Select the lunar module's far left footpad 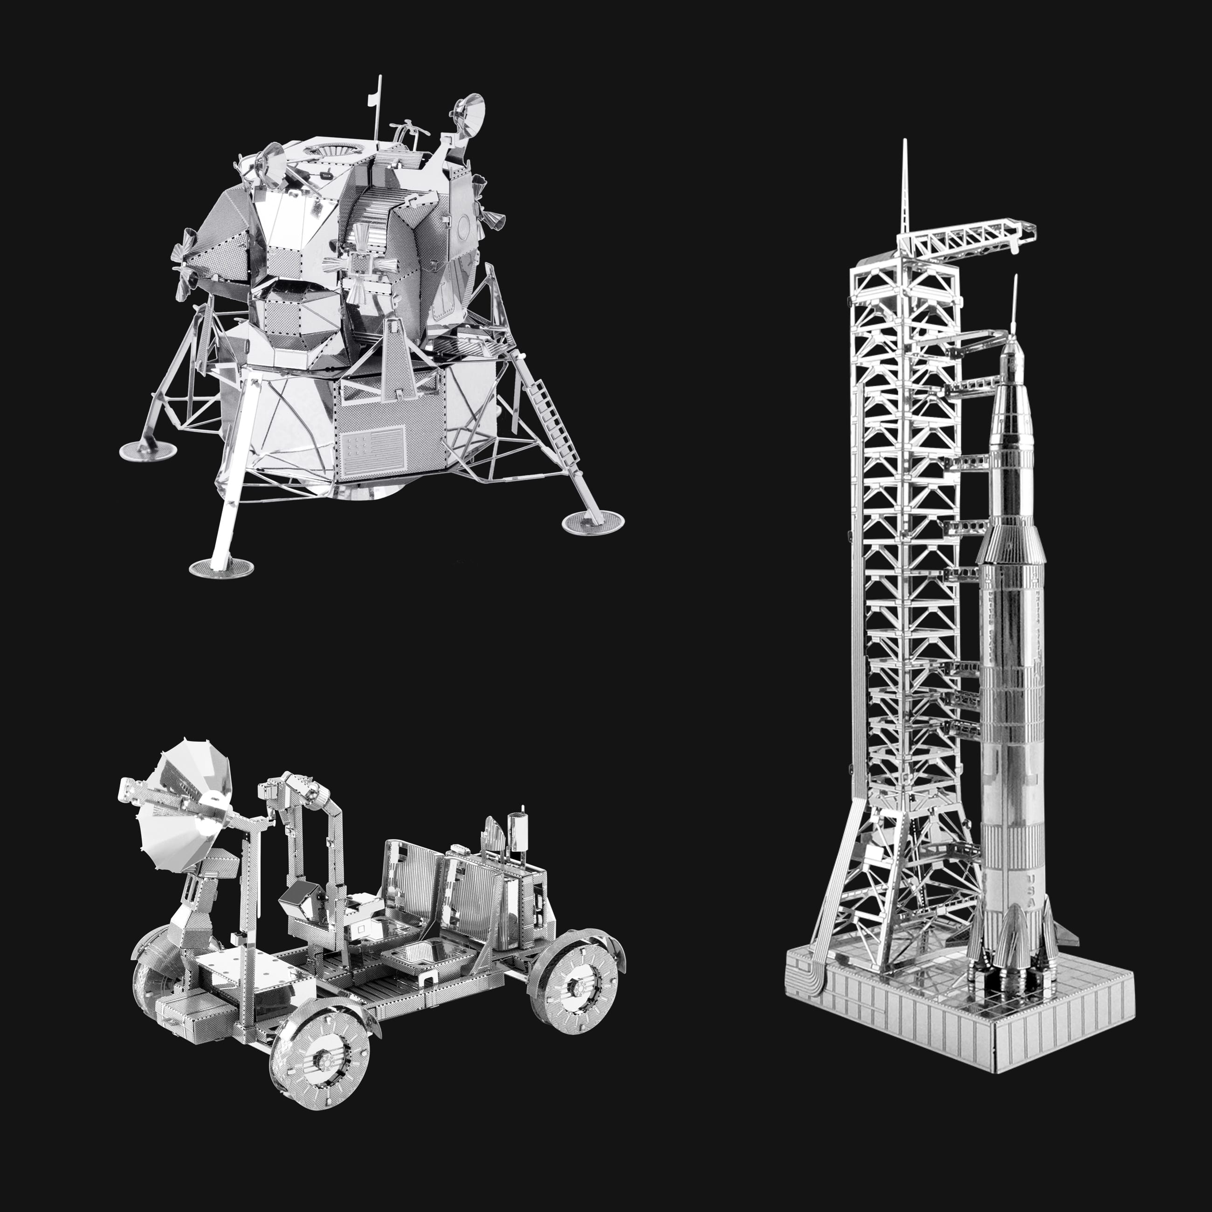click(x=147, y=450)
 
